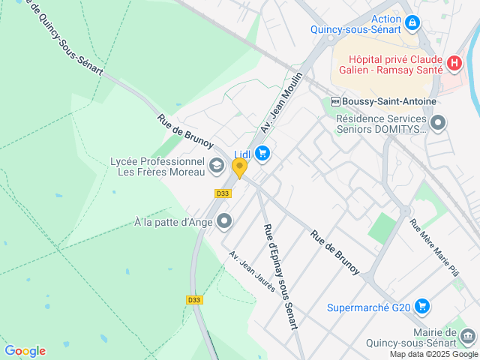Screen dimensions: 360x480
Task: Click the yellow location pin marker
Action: pos(239,168)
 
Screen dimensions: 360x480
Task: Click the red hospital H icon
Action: pos(453,64)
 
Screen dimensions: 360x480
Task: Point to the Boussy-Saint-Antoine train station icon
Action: pos(335,101)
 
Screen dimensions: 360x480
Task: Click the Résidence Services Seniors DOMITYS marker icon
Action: pos(438,122)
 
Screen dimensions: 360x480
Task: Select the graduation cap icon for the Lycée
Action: pos(216,166)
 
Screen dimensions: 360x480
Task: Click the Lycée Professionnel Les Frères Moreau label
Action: pos(157,166)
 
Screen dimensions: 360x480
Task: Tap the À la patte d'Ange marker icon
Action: pos(224,220)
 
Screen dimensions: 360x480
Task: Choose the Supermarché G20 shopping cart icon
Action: pos(422,306)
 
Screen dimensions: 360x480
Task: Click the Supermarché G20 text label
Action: pos(369,307)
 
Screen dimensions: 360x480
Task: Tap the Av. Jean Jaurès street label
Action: pos(252,271)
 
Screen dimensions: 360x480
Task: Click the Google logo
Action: pos(25,351)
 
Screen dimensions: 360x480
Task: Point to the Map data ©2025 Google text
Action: pos(434,354)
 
